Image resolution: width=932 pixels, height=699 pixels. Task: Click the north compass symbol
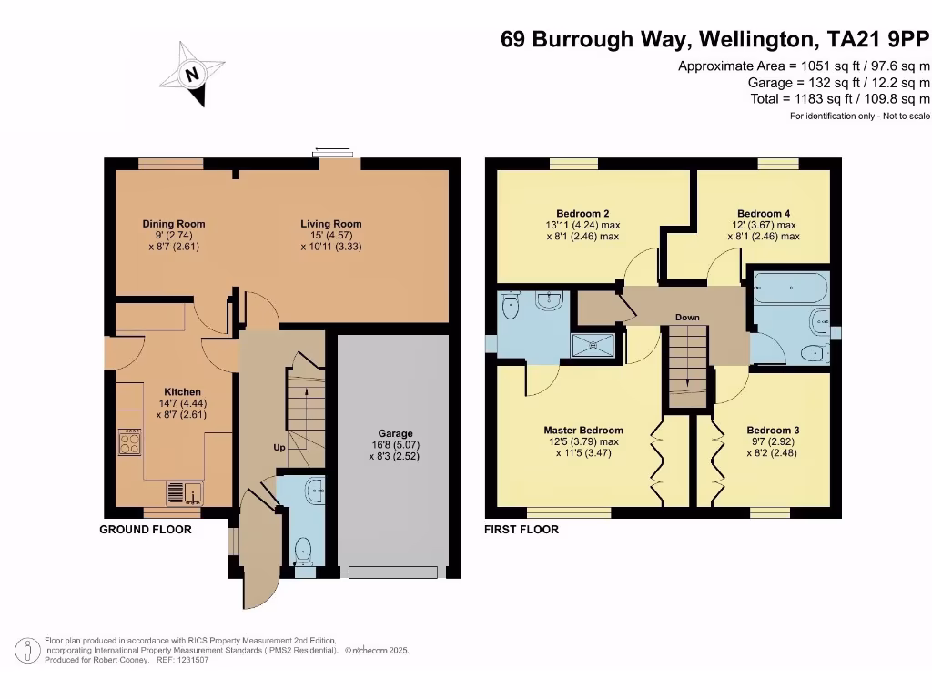click(x=192, y=75)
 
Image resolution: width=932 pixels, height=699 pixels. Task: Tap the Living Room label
click(x=331, y=224)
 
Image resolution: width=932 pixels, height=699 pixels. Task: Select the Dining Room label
click(x=174, y=224)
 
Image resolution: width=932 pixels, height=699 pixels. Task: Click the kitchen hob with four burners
click(x=129, y=441)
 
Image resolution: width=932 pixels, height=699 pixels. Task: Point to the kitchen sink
click(x=185, y=492)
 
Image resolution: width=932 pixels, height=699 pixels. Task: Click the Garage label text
click(x=395, y=434)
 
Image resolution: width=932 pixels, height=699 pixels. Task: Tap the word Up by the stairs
click(x=279, y=448)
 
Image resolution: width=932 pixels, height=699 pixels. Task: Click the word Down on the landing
click(x=687, y=318)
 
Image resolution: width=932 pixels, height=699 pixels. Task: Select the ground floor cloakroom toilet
click(x=303, y=551)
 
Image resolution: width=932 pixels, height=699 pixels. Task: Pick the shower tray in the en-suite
click(x=593, y=345)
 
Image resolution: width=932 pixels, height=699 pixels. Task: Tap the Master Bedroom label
click(x=583, y=431)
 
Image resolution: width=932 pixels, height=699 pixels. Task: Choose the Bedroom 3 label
click(x=774, y=431)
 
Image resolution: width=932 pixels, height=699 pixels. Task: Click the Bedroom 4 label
click(x=764, y=213)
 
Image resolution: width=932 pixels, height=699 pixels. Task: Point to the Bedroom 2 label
click(x=582, y=213)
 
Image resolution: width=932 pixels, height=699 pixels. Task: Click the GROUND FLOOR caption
click(x=146, y=530)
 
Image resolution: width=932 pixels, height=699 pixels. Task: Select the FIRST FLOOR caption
click(x=522, y=530)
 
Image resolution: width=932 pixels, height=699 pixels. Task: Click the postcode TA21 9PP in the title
click(x=878, y=39)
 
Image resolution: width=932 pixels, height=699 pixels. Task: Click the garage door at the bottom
click(x=393, y=572)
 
